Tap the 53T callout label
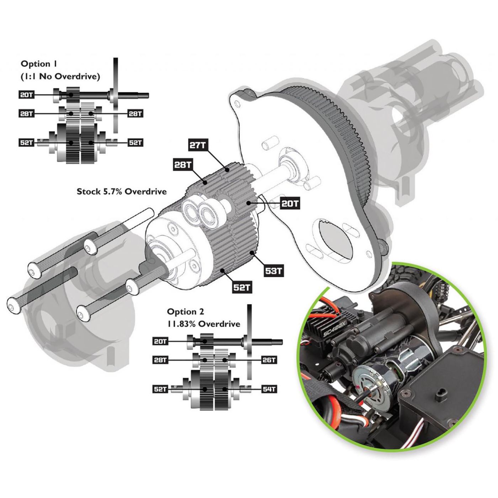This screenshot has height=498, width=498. click(274, 271)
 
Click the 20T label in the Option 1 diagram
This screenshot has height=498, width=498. click(27, 95)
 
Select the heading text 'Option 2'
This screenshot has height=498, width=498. click(185, 312)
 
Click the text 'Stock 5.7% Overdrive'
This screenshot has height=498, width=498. click(122, 191)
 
